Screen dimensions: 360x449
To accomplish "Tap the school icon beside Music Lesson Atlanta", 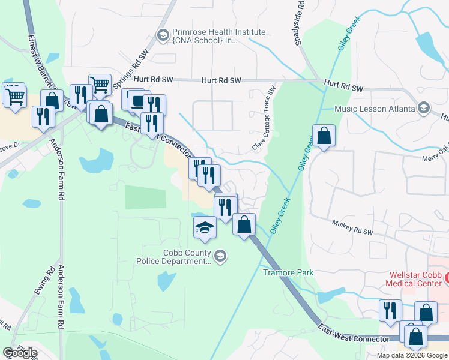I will tap(424, 109).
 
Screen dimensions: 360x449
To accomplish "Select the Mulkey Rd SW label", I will tap(353, 227).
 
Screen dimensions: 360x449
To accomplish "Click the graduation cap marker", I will tap(204, 227).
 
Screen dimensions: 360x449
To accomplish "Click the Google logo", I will tap(20, 353).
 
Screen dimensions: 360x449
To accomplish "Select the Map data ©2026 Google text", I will tap(412, 355).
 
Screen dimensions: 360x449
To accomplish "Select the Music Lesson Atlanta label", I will tap(375, 109).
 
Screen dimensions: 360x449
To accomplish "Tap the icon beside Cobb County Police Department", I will tap(220, 257).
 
